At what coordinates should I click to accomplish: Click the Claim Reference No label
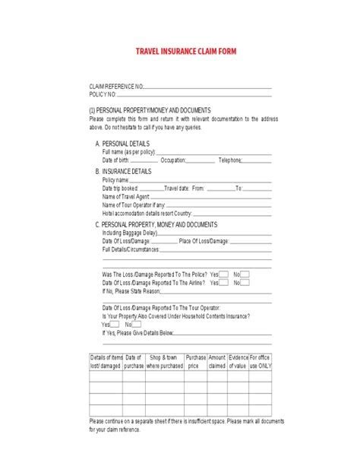coord(115,88)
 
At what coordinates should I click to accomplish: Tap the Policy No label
coord(103,95)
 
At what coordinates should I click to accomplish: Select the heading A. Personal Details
coord(123,144)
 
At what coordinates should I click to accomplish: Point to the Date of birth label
coord(121,160)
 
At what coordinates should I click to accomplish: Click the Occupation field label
coord(173,160)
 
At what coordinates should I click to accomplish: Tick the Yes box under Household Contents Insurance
coord(116,325)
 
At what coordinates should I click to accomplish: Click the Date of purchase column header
coord(134,360)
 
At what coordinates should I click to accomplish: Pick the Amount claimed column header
coord(217,360)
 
